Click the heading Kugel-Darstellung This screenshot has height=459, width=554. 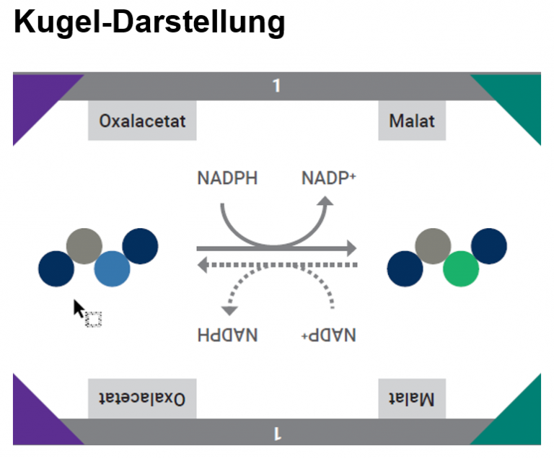149,22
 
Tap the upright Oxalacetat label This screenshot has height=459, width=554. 142,120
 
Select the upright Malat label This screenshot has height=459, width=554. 412,120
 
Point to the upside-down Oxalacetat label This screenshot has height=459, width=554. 142,398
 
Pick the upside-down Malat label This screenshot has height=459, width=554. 412,398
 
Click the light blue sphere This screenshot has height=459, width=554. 112,268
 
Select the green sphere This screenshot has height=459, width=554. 460,268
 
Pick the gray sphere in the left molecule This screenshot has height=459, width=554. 84,246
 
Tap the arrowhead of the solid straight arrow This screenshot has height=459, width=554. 351,249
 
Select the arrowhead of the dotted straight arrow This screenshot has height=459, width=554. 203,265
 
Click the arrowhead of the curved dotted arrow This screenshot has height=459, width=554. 229,310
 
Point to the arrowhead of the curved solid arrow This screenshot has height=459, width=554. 326,202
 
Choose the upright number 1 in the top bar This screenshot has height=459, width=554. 276,86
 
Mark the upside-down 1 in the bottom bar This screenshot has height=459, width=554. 276,432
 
